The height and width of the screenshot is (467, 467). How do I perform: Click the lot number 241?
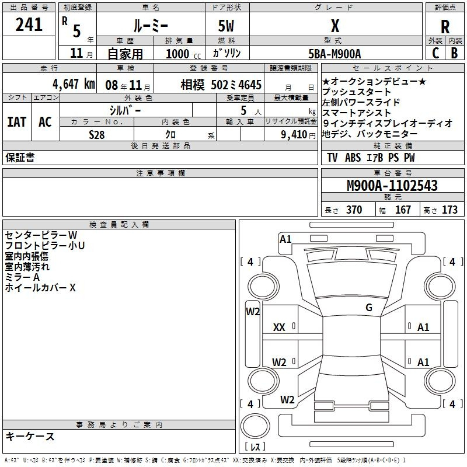pyautogui.click(x=29, y=25)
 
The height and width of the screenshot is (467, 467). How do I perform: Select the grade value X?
pyautogui.click(x=335, y=26)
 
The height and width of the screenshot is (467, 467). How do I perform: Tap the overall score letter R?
pyautogui.click(x=445, y=27)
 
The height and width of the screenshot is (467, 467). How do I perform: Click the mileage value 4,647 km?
pyautogui.click(x=74, y=84)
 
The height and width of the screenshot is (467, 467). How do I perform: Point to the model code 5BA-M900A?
pyautogui.click(x=334, y=54)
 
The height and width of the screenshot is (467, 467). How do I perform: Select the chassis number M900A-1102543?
pyautogui.click(x=392, y=186)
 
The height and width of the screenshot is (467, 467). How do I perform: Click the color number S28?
pyautogui.click(x=96, y=135)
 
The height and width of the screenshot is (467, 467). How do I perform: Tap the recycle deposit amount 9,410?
pyautogui.click(x=294, y=135)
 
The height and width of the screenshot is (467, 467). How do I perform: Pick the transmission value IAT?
pyautogui.click(x=17, y=122)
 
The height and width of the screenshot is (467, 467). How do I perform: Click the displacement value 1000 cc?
pyautogui.click(x=183, y=54)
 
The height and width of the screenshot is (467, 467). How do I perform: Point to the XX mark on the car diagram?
pyautogui.click(x=279, y=327)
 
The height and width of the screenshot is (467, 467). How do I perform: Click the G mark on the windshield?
pyautogui.click(x=369, y=308)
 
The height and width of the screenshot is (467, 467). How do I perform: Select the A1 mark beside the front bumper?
pyautogui.click(x=285, y=239)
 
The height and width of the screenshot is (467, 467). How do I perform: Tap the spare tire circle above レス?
pyautogui.click(x=255, y=426)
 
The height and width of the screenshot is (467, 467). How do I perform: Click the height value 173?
pyautogui.click(x=449, y=210)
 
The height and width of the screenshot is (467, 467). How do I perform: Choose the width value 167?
pyautogui.click(x=403, y=210)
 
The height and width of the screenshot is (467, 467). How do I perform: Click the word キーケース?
pyautogui.click(x=30, y=436)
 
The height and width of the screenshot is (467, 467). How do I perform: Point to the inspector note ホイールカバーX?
pyautogui.click(x=40, y=288)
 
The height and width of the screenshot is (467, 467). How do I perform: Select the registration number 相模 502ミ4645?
pyautogui.click(x=221, y=85)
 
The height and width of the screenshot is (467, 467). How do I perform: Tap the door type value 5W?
pyautogui.click(x=226, y=26)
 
